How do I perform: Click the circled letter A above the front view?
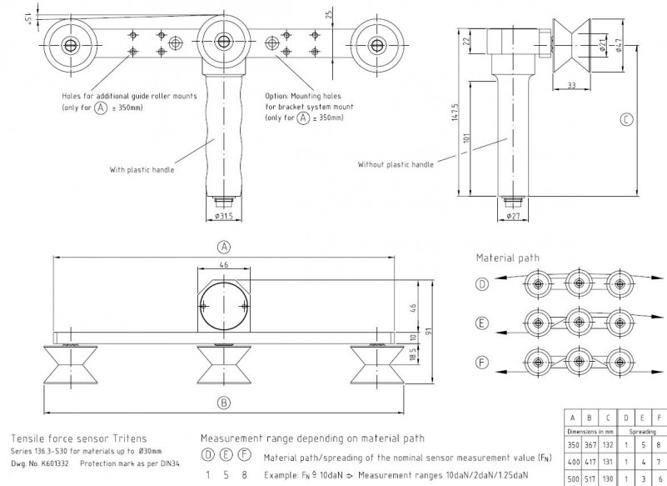tap(223, 246)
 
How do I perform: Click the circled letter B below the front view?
tap(223, 402)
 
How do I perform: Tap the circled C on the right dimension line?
tap(627, 119)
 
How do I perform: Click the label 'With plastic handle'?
tap(142, 169)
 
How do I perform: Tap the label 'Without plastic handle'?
tap(396, 164)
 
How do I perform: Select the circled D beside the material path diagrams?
tap(482, 284)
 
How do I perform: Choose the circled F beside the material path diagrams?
tap(482, 361)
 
